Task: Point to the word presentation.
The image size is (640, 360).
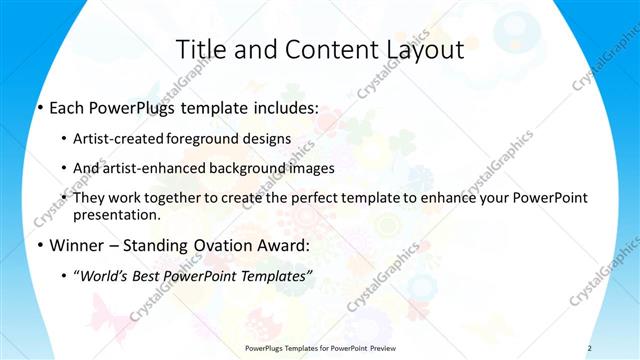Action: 117,214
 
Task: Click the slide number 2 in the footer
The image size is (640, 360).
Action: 590,347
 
